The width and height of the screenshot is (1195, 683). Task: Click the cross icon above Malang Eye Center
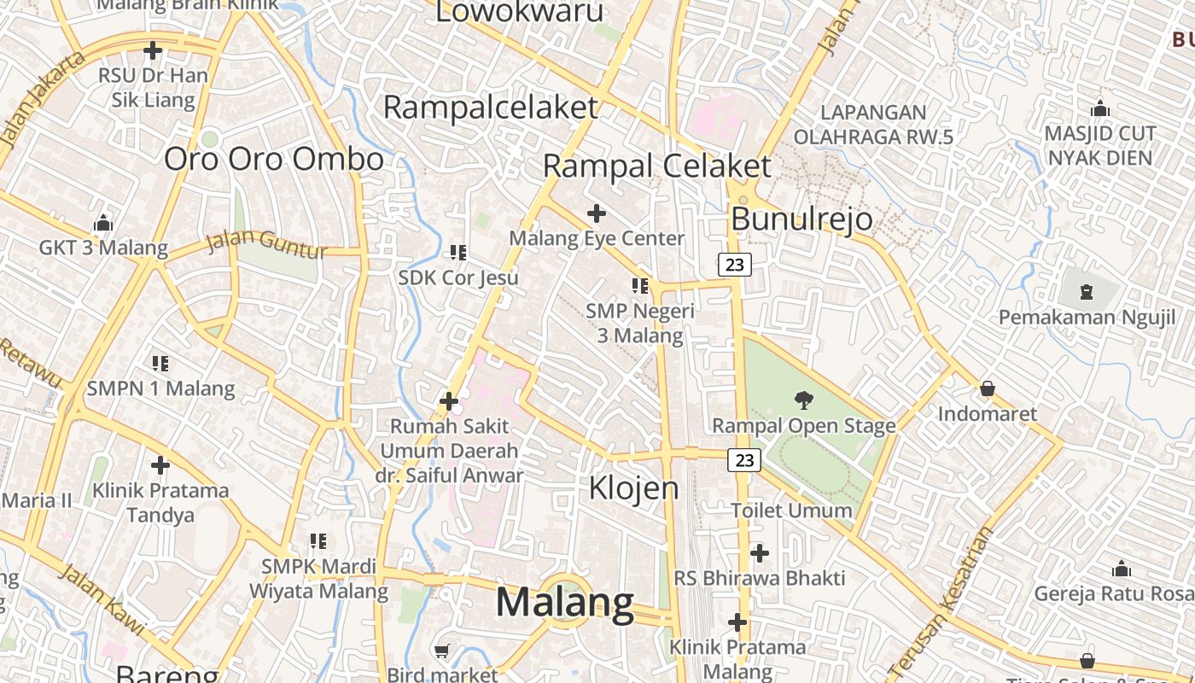pos(597,213)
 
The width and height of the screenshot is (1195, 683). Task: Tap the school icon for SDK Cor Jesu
pos(458,253)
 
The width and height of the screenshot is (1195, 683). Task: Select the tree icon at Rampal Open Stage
pos(803,400)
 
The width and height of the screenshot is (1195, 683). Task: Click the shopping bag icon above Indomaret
pos(988,389)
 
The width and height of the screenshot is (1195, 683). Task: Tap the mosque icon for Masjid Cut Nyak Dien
pos(1100,109)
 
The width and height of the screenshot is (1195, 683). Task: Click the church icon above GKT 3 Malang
pos(103,224)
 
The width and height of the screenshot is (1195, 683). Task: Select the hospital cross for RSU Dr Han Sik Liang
pos(153,51)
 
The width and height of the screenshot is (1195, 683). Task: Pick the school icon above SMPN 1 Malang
pos(160,364)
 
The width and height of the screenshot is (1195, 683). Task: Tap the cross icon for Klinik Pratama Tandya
pos(160,465)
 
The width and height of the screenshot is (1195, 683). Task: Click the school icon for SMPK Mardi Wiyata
pos(318,540)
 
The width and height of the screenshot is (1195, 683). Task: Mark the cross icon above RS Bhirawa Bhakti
pos(759,553)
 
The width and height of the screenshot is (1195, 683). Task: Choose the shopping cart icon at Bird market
pos(442,651)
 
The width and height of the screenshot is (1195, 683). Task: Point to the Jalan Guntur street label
pos(267,245)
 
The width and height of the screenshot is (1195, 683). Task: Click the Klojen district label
pos(634,488)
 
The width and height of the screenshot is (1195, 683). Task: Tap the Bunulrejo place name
pos(802,219)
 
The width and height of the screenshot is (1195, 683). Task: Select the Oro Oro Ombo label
pos(273,160)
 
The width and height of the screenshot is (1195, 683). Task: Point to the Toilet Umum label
pos(791,511)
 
